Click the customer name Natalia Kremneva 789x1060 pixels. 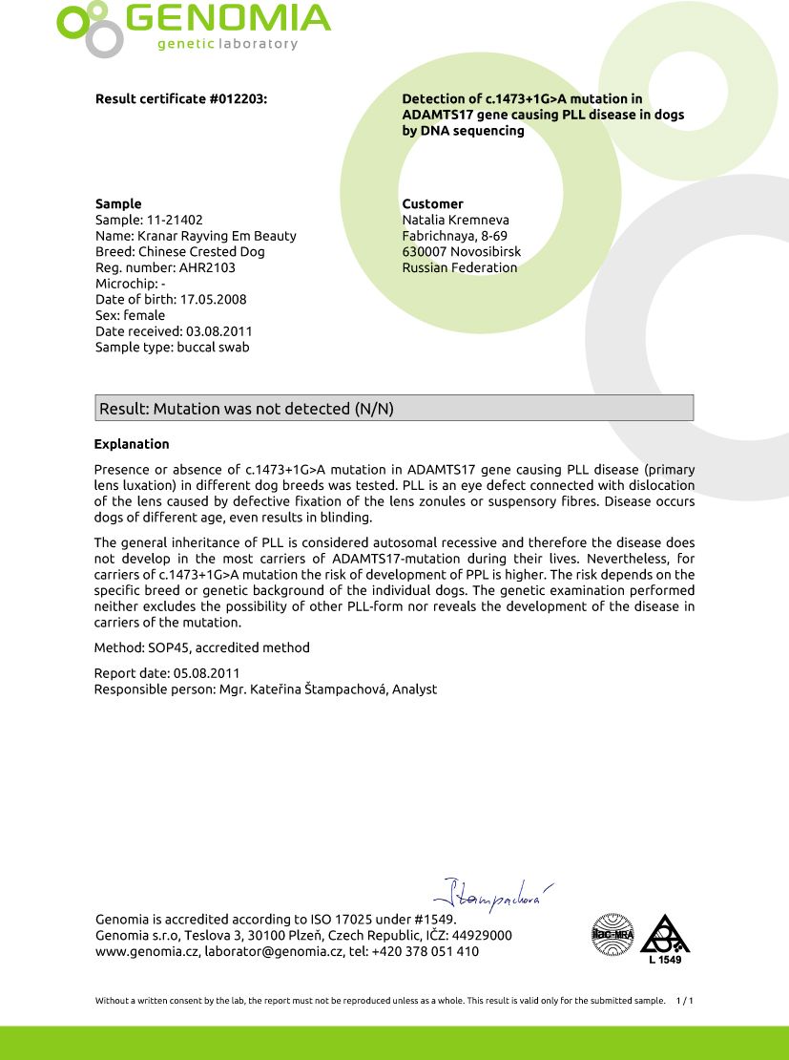(455, 220)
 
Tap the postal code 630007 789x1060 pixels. (425, 252)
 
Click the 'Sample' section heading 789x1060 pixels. (118, 203)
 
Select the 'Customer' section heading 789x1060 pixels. (432, 203)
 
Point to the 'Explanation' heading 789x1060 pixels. (132, 444)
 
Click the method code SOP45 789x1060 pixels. (166, 647)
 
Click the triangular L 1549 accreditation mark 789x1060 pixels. (663, 938)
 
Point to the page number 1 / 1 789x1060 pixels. (684, 1001)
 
